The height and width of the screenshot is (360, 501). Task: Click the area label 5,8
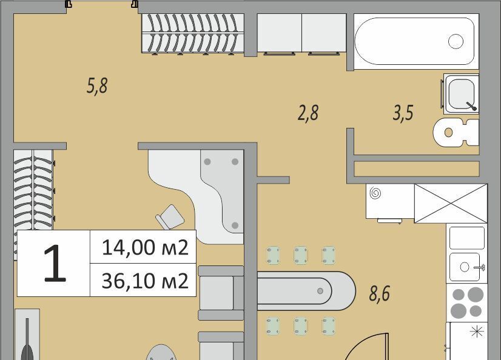click(x=97, y=85)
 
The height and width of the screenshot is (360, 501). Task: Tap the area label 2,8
click(x=308, y=113)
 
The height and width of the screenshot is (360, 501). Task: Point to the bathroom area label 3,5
click(x=403, y=113)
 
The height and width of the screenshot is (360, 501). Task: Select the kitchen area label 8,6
click(x=380, y=293)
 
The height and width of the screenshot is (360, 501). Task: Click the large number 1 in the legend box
click(x=55, y=264)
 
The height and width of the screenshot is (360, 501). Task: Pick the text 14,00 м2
click(x=145, y=247)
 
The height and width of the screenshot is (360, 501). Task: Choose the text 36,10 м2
click(x=145, y=281)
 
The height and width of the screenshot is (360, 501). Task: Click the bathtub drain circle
click(x=456, y=41)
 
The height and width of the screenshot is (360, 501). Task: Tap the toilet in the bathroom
click(x=456, y=132)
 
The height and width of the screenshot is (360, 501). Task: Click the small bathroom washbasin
click(x=461, y=94)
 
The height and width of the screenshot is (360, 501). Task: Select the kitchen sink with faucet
click(x=467, y=267)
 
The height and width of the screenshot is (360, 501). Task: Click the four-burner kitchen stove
click(x=467, y=302)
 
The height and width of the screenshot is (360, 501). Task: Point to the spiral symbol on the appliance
click(x=375, y=193)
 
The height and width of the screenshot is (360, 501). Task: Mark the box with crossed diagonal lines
click(x=451, y=203)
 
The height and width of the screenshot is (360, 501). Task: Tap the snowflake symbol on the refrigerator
click(x=476, y=332)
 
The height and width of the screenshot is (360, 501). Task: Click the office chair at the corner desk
click(x=170, y=217)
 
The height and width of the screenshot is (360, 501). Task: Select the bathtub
click(x=416, y=41)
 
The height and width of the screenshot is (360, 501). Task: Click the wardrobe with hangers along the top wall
click(x=193, y=33)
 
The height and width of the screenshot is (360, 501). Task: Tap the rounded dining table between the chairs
click(x=306, y=291)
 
